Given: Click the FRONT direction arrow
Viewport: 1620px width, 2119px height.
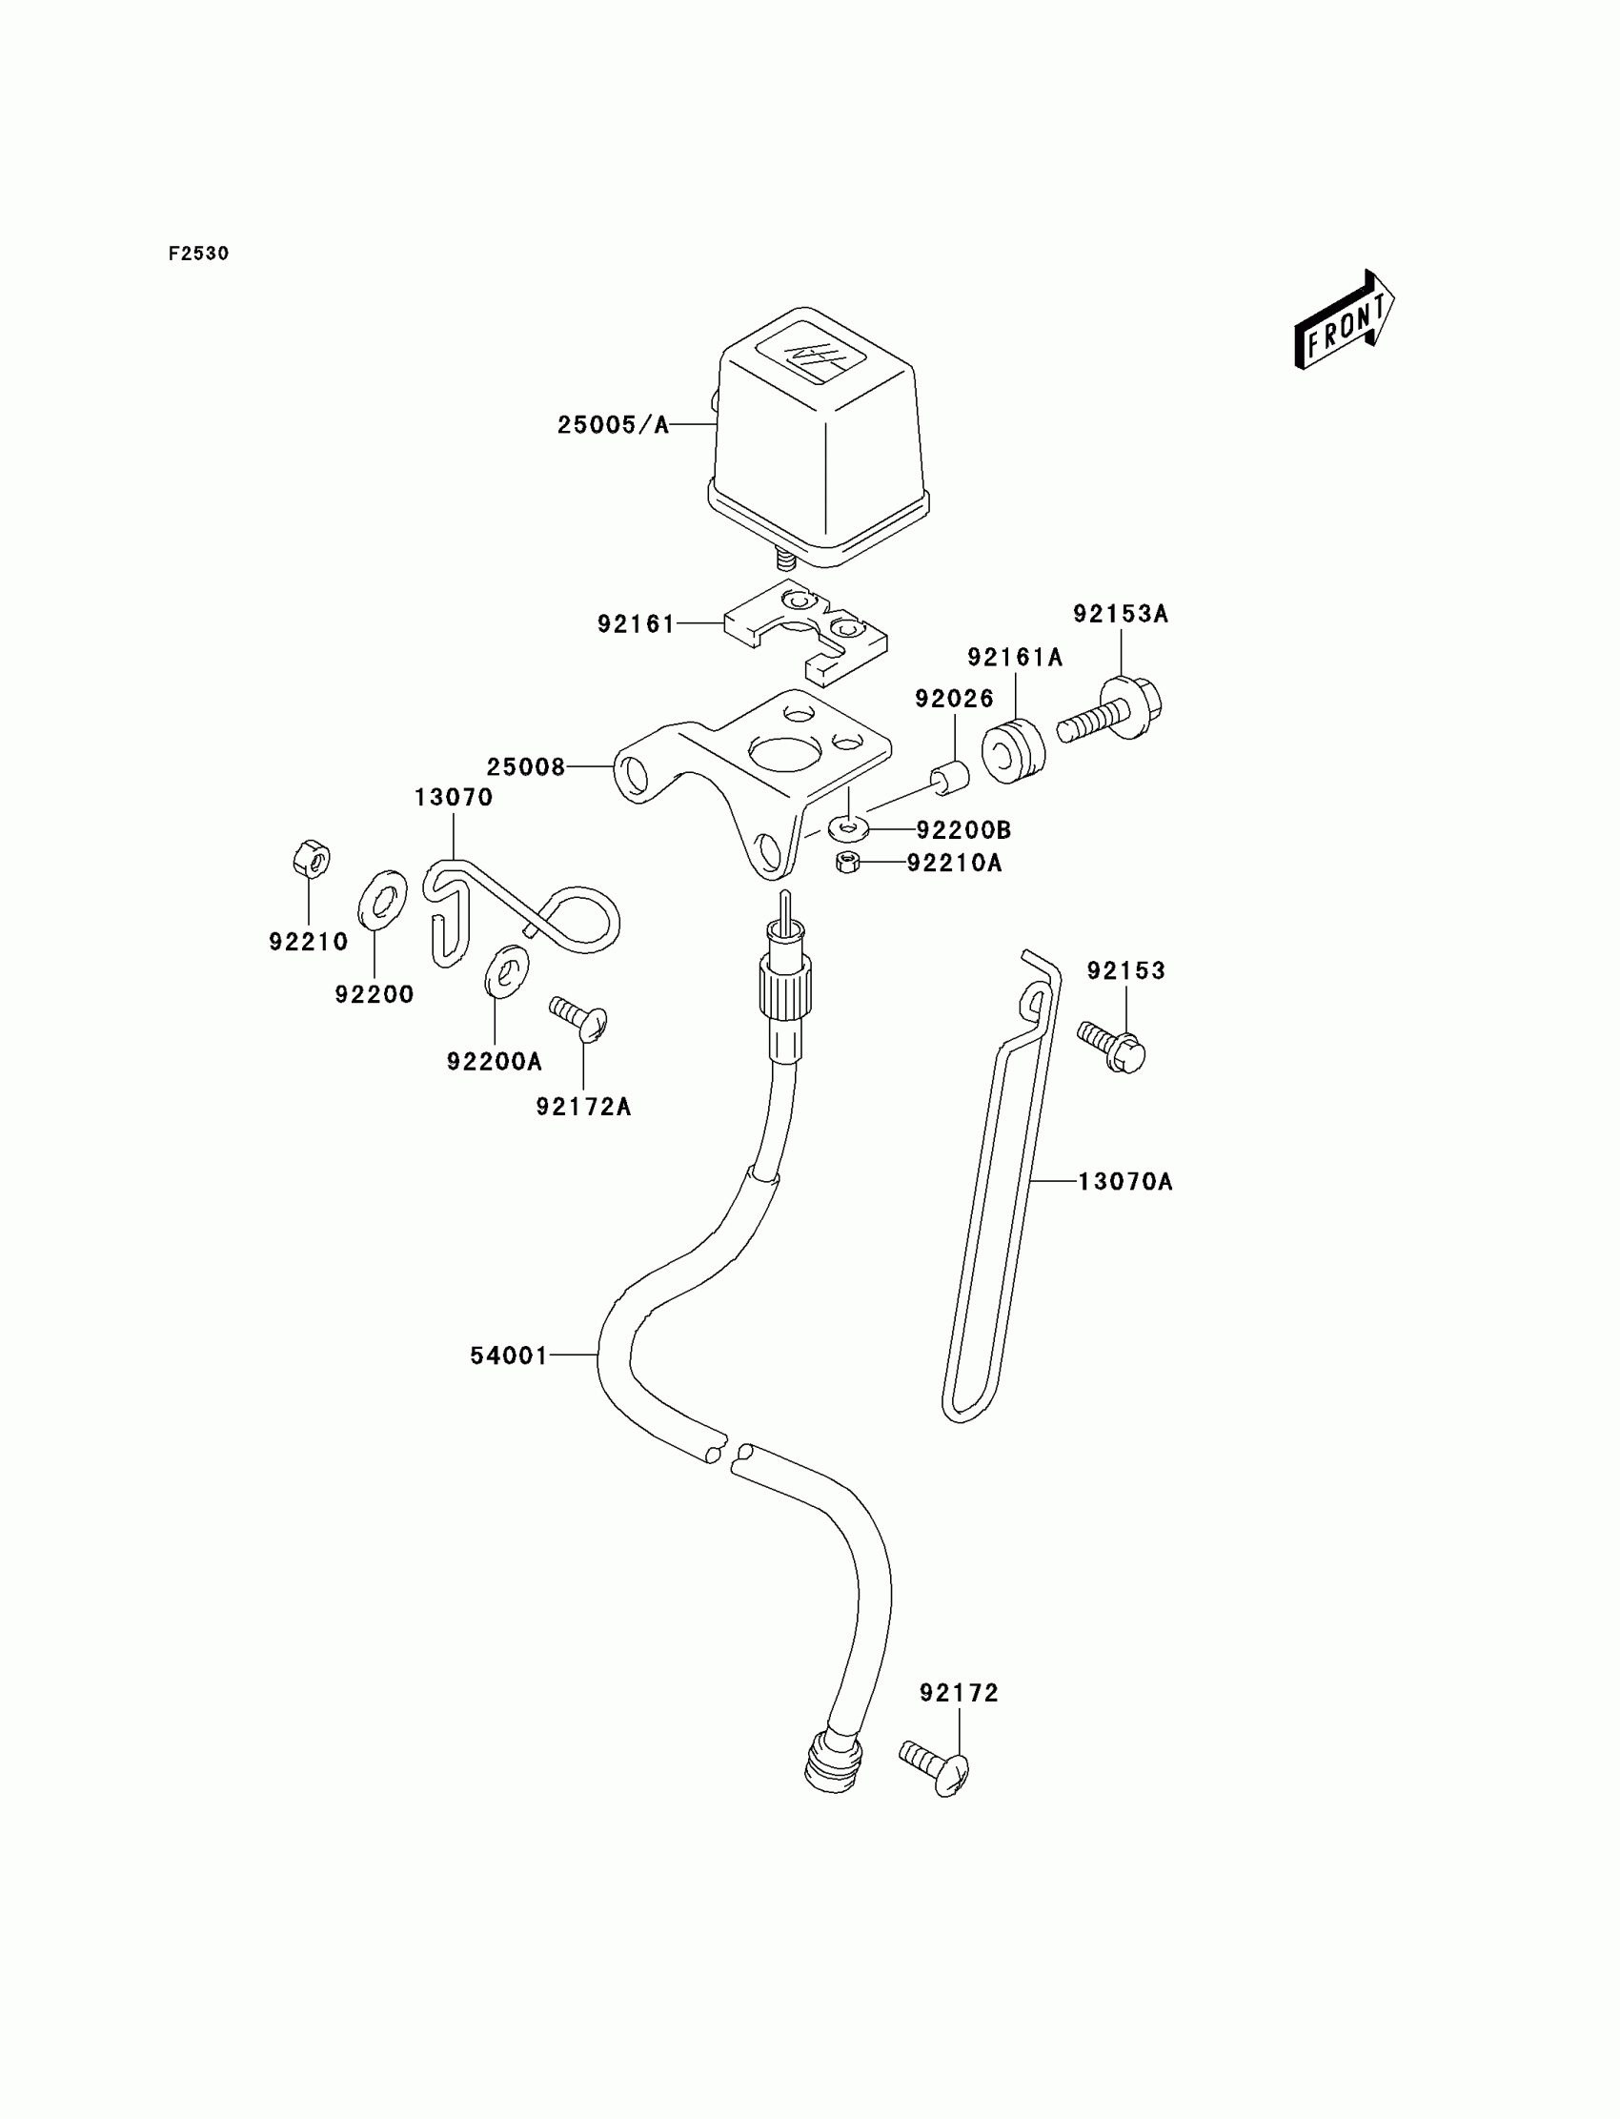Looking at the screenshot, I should [1344, 320].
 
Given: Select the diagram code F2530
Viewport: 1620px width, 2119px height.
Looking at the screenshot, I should [198, 254].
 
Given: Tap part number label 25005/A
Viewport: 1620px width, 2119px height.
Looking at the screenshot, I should [613, 425].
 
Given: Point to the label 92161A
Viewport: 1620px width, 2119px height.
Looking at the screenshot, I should [1015, 658].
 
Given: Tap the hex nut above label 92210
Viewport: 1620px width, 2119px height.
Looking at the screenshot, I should [311, 859].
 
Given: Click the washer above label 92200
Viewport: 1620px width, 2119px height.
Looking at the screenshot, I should [383, 899].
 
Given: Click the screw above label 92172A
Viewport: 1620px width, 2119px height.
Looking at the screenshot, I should [579, 1017].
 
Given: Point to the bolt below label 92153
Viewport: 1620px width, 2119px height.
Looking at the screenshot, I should [1112, 1047].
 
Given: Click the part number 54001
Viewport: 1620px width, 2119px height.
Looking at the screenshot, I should [508, 1356].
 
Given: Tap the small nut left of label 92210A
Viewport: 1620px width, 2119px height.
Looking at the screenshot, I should [847, 862].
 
